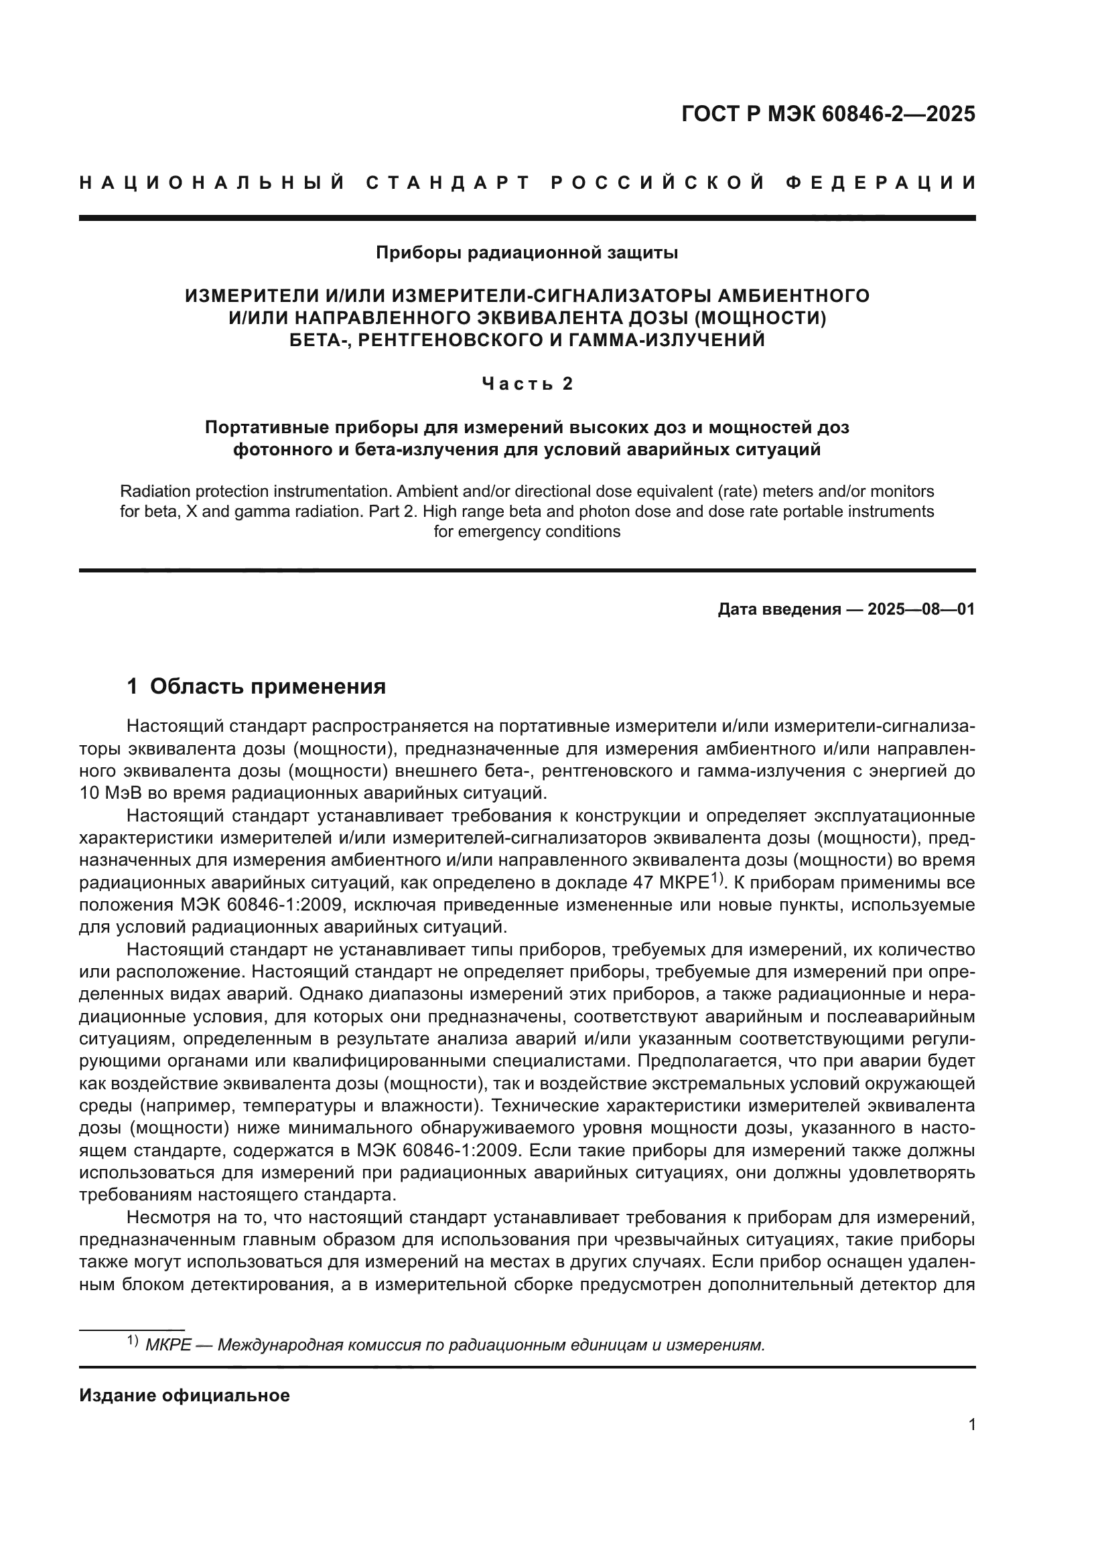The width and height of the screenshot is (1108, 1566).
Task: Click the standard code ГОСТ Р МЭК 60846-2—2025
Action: [x=827, y=114]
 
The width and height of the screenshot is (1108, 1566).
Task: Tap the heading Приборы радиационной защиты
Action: [x=527, y=253]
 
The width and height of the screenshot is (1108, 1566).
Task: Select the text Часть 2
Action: [x=527, y=384]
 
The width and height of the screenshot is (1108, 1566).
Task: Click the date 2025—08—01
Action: [x=921, y=609]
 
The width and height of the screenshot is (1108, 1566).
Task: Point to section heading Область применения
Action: [x=267, y=686]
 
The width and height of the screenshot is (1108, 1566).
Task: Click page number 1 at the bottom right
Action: [x=971, y=1425]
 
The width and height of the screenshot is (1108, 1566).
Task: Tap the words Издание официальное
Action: [x=184, y=1395]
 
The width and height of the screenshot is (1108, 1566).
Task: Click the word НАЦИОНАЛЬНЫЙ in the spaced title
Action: [x=212, y=183]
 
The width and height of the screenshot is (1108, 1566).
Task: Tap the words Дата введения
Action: [x=779, y=609]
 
